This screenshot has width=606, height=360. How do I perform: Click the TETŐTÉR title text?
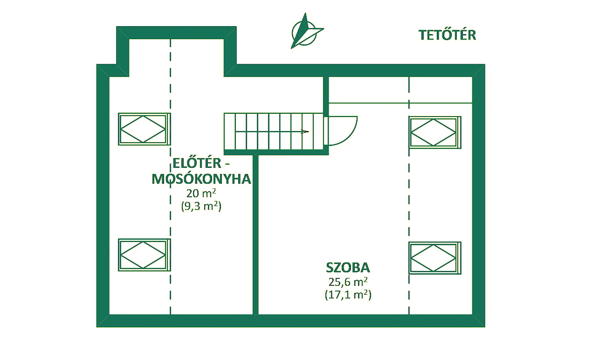447,35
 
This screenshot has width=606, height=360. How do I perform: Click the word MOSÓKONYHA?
201,179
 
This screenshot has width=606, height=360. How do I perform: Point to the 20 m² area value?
201,193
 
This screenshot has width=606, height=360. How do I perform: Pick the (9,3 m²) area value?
201,207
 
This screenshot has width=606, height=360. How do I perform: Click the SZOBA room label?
348,268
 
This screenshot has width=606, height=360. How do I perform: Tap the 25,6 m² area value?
348,282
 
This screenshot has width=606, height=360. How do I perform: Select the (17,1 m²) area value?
348,295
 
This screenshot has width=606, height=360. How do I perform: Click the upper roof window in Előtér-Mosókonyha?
145,129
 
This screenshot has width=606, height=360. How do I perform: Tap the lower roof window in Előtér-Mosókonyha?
145,255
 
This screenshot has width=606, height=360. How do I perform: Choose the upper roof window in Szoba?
435,132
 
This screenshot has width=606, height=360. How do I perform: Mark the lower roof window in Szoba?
435,258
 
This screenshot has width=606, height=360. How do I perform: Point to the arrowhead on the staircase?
305,132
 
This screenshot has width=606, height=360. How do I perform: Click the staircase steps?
274,132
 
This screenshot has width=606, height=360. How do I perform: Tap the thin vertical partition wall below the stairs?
255,235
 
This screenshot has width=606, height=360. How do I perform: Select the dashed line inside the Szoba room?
409,195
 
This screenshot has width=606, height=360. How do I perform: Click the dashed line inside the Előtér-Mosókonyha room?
171,176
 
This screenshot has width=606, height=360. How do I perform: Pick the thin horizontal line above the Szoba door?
400,103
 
